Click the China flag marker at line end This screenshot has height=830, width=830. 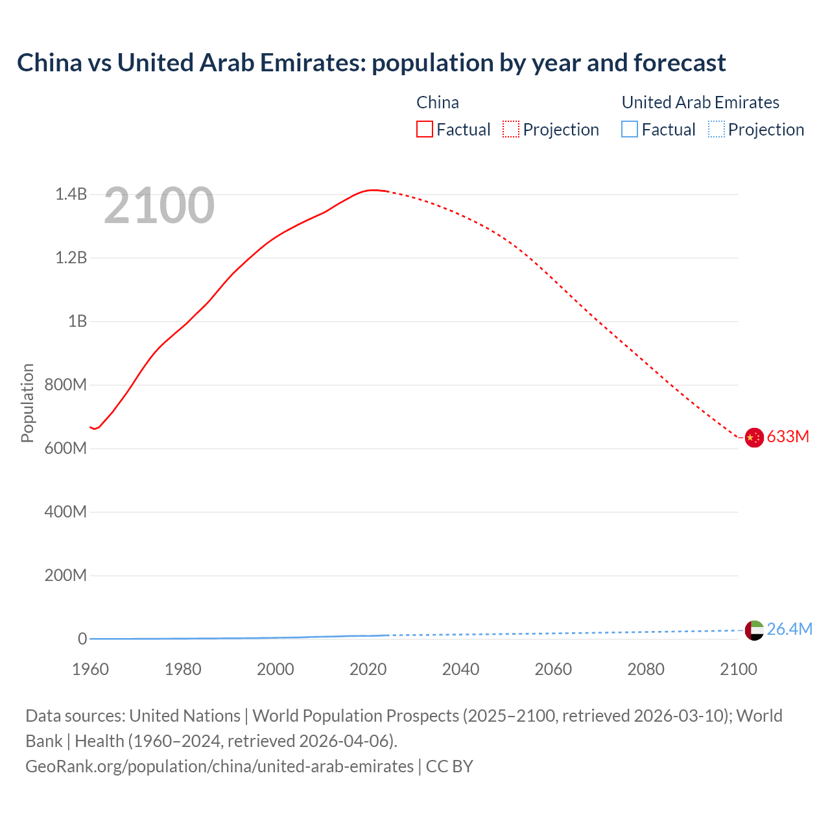(753, 438)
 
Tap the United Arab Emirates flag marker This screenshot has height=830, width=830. (753, 630)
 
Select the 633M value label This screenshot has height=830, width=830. (788, 437)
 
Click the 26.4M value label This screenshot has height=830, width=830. (789, 629)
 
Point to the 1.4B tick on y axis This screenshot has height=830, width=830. (71, 194)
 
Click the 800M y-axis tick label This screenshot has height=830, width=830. (65, 385)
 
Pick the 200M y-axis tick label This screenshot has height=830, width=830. (65, 575)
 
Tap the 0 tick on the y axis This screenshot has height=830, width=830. (82, 639)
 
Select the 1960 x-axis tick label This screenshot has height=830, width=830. (90, 669)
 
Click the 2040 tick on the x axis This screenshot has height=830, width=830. (460, 669)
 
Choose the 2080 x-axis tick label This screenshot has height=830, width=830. (646, 669)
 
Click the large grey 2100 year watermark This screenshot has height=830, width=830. (159, 206)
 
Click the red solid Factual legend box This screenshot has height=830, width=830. (425, 130)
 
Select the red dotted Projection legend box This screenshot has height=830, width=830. (511, 130)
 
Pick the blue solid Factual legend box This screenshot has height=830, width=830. (630, 130)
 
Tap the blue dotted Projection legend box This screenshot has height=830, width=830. (716, 130)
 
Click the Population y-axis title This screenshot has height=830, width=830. (27, 403)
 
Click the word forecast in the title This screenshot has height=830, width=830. (680, 63)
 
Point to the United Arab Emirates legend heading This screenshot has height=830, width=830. (700, 102)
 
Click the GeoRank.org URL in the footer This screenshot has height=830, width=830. (219, 766)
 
